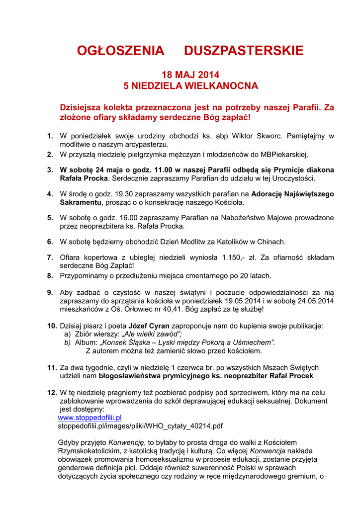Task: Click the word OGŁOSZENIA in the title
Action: click(x=120, y=51)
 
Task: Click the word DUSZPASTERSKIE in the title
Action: click(x=243, y=51)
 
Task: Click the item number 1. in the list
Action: click(x=50, y=136)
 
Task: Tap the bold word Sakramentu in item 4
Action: click(x=80, y=202)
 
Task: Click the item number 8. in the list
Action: click(x=50, y=275)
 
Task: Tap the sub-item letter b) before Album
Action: click(x=67, y=342)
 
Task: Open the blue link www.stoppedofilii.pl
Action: click(x=90, y=418)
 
